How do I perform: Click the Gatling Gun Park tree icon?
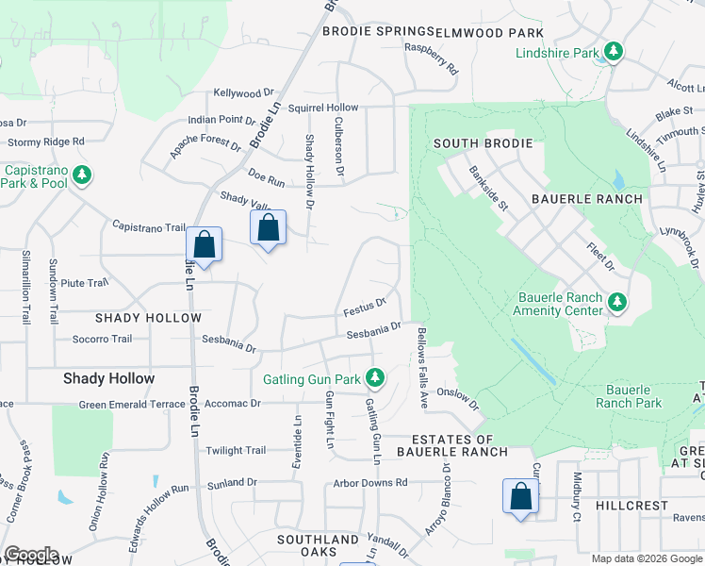click(375, 378)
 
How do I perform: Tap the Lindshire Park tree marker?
click(614, 52)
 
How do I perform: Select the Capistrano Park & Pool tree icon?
click(83, 175)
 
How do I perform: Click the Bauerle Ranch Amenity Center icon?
click(616, 302)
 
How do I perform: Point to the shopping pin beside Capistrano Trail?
click(204, 246)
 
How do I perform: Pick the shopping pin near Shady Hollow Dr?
click(268, 228)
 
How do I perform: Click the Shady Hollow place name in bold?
click(108, 378)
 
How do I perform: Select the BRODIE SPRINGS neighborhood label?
click(379, 31)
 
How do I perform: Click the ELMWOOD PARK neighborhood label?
click(491, 32)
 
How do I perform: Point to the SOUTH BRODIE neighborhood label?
click(483, 143)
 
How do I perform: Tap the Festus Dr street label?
click(365, 308)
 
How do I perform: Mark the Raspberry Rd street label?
click(431, 58)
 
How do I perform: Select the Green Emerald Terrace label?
click(131, 404)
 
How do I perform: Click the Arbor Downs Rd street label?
click(369, 482)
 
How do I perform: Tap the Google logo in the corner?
click(31, 555)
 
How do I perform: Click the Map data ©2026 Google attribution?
click(647, 558)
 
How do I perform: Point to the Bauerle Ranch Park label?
click(633, 396)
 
